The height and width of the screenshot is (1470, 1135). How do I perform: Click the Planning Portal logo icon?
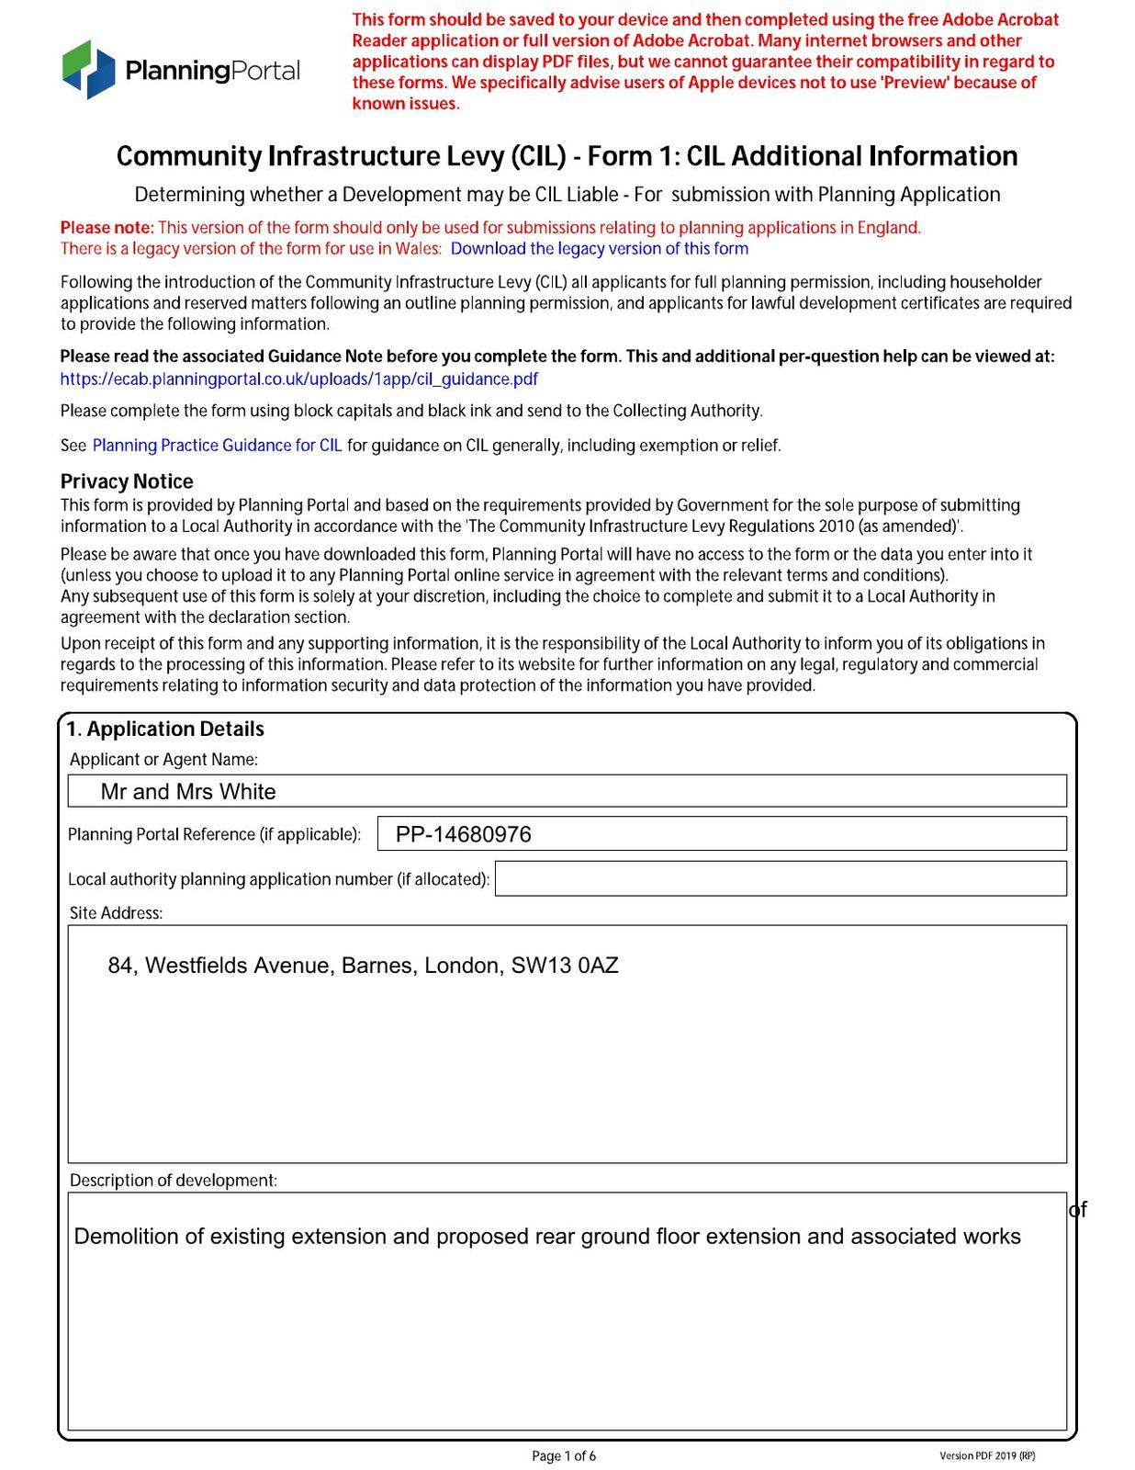pyautogui.click(x=89, y=69)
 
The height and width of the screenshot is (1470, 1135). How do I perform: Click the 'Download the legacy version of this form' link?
pyautogui.click(x=599, y=249)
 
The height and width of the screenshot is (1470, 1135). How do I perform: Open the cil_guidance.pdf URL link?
pyautogui.click(x=298, y=379)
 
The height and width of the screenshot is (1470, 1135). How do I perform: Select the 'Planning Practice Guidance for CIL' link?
pyautogui.click(x=217, y=446)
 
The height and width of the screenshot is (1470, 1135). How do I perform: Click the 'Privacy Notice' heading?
pyautogui.click(x=127, y=481)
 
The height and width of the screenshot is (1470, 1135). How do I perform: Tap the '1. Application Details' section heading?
pyautogui.click(x=165, y=729)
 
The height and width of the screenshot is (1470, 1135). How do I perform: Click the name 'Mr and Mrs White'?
pyautogui.click(x=188, y=792)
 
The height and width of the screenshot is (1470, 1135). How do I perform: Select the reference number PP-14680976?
pyautogui.click(x=463, y=834)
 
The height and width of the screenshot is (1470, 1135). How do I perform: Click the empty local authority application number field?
pyautogui.click(x=781, y=879)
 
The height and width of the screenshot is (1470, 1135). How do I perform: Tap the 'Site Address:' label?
pyautogui.click(x=116, y=913)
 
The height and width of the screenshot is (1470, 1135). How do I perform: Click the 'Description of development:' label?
pyautogui.click(x=174, y=1181)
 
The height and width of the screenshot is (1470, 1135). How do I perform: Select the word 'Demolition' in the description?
pyautogui.click(x=127, y=1237)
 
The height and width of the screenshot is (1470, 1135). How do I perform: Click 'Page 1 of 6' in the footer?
pyautogui.click(x=564, y=1456)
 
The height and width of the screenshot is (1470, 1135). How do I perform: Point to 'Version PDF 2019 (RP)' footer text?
pyautogui.click(x=987, y=1456)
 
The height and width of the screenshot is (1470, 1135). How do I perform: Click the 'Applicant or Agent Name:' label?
pyautogui.click(x=163, y=760)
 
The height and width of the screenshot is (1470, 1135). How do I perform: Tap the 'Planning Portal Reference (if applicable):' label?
pyautogui.click(x=214, y=835)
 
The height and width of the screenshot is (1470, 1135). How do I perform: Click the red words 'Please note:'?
pyautogui.click(x=107, y=228)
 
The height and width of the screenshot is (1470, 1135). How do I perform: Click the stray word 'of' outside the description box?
pyautogui.click(x=1078, y=1210)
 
